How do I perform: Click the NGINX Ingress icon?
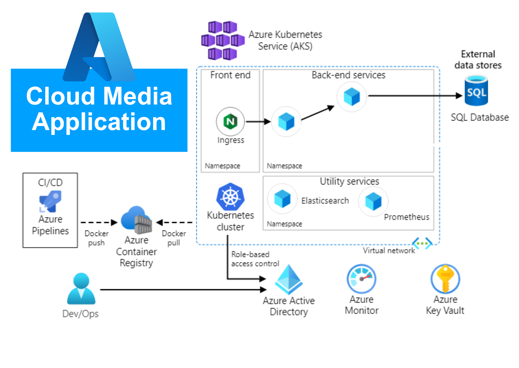pyautogui.click(x=230, y=121)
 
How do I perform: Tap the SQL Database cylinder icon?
pyautogui.click(x=476, y=91)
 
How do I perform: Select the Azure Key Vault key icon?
pyautogui.click(x=445, y=279)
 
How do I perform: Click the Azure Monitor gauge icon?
pyautogui.click(x=361, y=279)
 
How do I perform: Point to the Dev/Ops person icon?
pyautogui.click(x=81, y=289)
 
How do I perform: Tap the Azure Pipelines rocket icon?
pyautogui.click(x=50, y=201)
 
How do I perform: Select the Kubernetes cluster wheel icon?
pyautogui.click(x=230, y=197)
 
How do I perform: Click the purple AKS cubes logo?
pyautogui.click(x=223, y=41)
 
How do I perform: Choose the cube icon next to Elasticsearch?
pyautogui.click(x=282, y=198)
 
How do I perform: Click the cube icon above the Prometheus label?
pyautogui.click(x=373, y=201)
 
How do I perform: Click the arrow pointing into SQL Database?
pyautogui.click(x=415, y=95)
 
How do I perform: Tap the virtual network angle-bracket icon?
pyautogui.click(x=422, y=243)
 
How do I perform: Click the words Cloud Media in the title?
pyautogui.click(x=99, y=96)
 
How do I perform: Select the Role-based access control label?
pyautogui.click(x=255, y=259)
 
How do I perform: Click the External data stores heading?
pyautogui.click(x=478, y=60)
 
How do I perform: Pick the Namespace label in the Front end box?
pyautogui.click(x=222, y=166)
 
